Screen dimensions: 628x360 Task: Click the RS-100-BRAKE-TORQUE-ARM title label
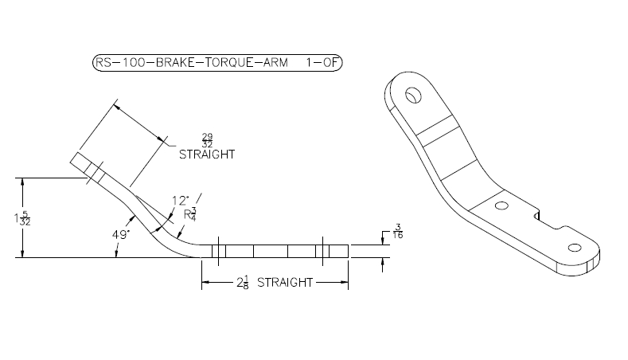192,63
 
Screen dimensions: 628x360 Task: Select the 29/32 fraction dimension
207,141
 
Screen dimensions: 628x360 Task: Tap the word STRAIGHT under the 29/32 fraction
207,155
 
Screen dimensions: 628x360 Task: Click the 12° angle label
180,201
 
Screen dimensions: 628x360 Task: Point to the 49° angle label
120,234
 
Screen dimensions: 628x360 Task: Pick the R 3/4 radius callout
190,214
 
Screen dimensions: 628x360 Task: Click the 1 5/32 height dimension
22,218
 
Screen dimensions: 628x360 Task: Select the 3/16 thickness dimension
398,231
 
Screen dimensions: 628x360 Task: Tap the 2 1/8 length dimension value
242,282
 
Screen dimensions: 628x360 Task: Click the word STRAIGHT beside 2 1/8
285,283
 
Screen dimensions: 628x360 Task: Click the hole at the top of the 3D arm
413,96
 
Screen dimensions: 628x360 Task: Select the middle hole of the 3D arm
501,206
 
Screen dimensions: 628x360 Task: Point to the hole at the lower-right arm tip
575,248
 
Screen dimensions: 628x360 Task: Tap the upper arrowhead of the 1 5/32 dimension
22,182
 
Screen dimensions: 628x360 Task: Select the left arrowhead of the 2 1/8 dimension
205,282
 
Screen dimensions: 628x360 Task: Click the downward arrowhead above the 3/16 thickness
383,241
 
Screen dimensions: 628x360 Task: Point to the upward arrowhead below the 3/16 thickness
383,261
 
